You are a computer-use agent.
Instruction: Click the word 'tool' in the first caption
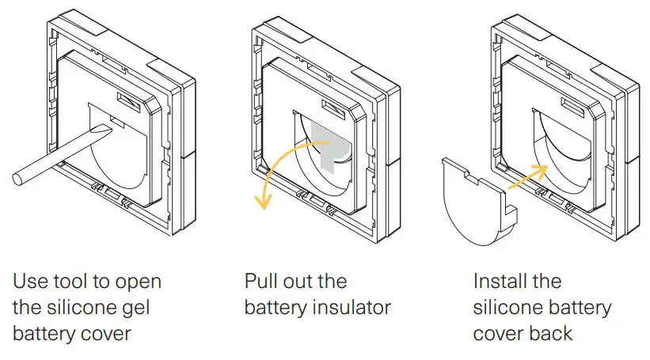(82, 282)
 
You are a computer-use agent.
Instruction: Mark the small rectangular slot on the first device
(127, 99)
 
